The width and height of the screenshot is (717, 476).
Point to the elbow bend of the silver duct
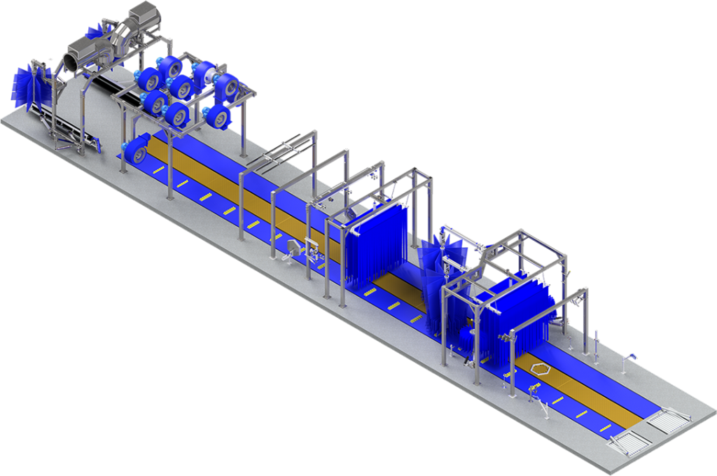tap(125, 31)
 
